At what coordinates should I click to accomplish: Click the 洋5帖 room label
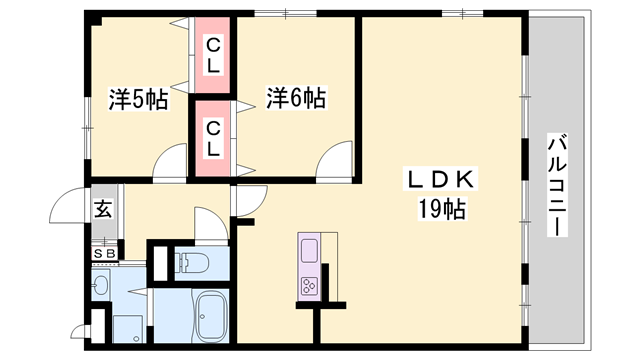tap(137, 99)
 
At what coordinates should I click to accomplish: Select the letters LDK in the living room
tap(441, 181)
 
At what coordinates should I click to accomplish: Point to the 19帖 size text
tap(441, 210)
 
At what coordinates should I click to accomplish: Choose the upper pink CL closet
tap(213, 55)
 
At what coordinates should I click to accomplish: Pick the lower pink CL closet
tap(213, 138)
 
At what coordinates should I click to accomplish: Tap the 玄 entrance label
tap(103, 210)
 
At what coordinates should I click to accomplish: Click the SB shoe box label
tap(104, 253)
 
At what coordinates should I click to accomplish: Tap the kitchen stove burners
tap(308, 286)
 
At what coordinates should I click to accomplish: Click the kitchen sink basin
tap(308, 249)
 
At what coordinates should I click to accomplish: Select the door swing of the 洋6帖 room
tap(335, 160)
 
